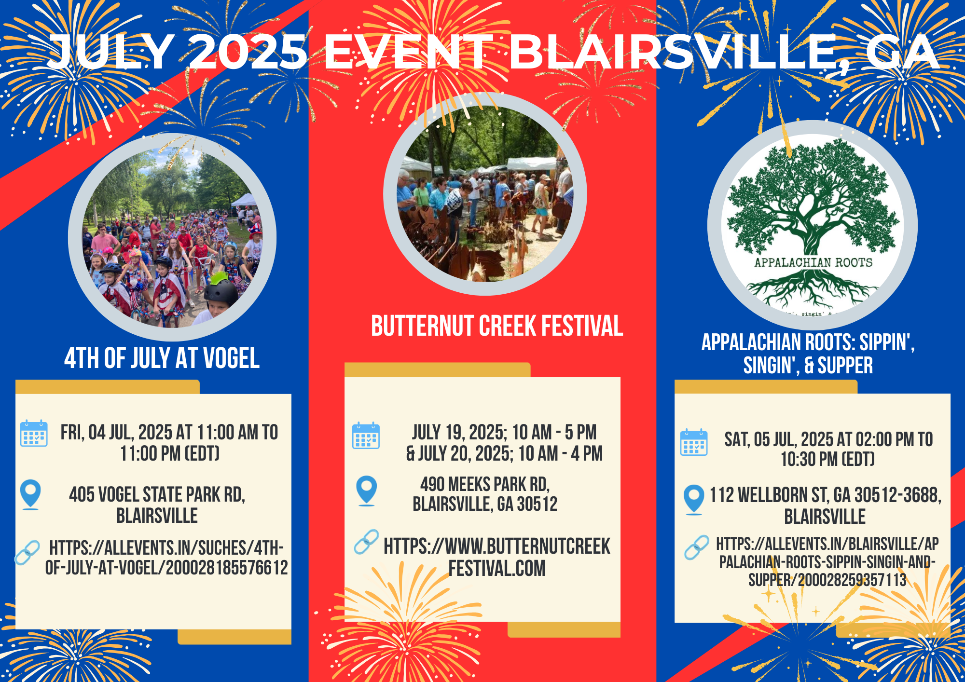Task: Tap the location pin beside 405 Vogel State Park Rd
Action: pos(30,494)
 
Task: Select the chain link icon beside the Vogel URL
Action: pos(28,553)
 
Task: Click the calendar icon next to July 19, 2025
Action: pos(366,436)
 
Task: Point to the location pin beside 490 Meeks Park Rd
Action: pos(366,491)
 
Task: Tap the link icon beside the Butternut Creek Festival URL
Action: pos(367,542)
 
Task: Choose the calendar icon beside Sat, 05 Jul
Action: pos(694,442)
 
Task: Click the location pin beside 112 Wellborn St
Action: pos(694,500)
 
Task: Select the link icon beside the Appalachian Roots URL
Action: pos(697,547)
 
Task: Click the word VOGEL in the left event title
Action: pos(231,358)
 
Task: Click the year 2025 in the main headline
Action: pos(248,52)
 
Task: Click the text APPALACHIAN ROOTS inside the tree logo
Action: pos(813,262)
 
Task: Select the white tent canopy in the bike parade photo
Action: pos(245,200)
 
